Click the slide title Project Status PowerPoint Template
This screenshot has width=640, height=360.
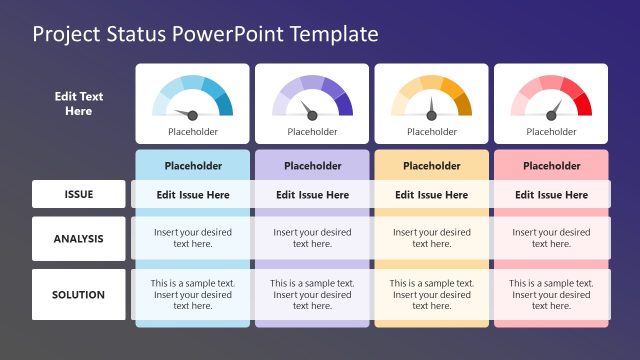pos(205,34)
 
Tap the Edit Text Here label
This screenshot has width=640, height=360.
pos(79,104)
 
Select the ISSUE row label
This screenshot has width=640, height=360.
pos(79,194)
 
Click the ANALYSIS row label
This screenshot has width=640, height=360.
pos(79,238)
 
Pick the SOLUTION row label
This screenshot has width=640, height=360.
pos(79,294)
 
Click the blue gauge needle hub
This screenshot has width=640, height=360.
pos(193,116)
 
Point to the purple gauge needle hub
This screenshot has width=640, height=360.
pos(313,116)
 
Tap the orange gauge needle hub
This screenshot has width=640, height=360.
pos(432,116)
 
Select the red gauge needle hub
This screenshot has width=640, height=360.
pos(551,116)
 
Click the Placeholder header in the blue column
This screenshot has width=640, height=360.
pos(193,166)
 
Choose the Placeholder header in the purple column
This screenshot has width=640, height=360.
pos(313,166)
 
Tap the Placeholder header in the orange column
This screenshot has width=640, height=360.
pos(432,166)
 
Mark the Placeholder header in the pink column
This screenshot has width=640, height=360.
pos(551,166)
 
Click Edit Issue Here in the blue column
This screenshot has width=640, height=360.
pos(193,195)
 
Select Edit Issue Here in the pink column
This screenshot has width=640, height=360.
pos(551,195)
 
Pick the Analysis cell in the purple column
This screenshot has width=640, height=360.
pos(313,238)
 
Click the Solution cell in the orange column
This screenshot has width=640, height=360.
pos(432,294)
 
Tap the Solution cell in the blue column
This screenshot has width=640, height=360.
pos(193,294)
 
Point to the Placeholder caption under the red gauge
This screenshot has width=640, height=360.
pos(551,131)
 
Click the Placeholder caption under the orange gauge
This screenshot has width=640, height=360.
pos(432,131)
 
